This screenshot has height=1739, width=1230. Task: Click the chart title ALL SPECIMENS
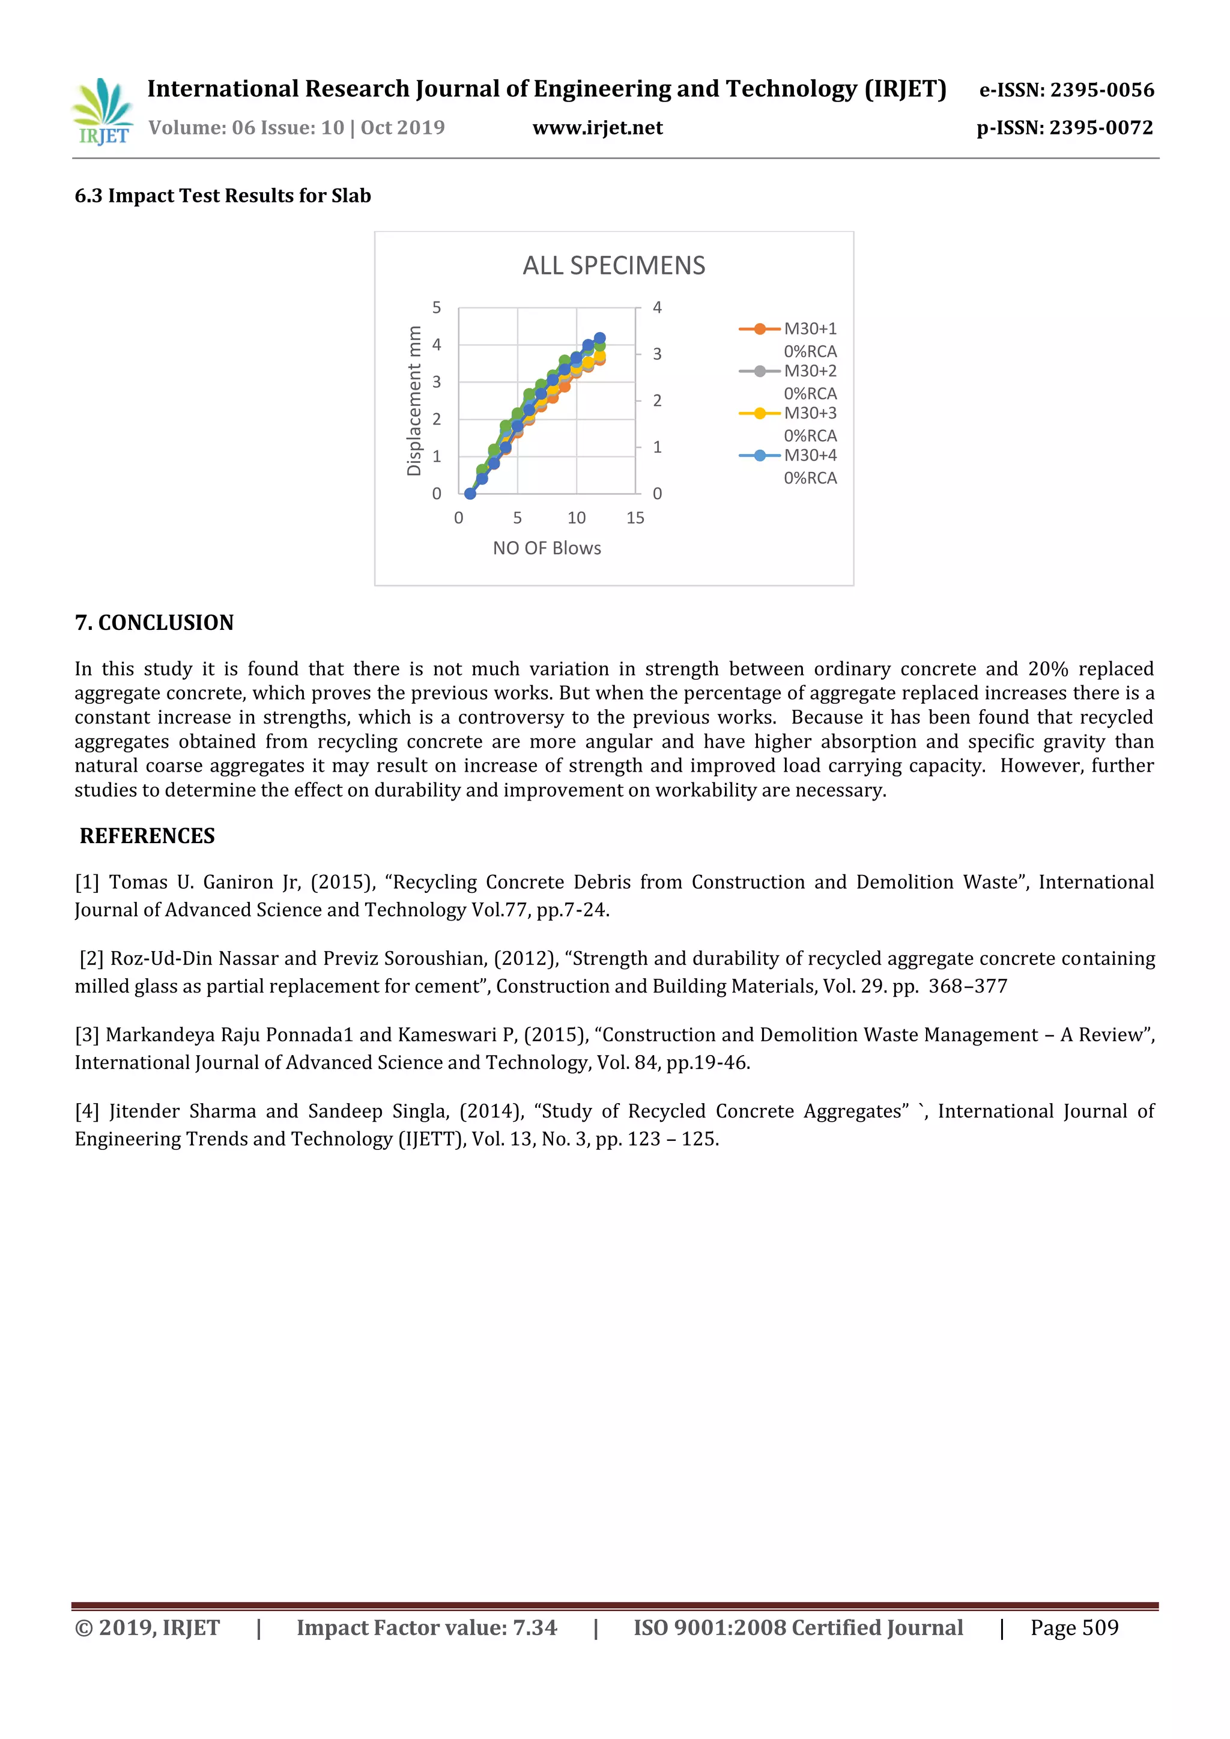[x=613, y=266]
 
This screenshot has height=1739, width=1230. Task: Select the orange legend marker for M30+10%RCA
[x=759, y=328]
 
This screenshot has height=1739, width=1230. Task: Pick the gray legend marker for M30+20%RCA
[x=759, y=371]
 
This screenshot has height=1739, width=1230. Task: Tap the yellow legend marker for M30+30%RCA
[x=759, y=414]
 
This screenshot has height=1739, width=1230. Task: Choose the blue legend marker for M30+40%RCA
[x=759, y=456]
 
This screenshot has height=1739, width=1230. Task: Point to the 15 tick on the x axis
[x=635, y=518]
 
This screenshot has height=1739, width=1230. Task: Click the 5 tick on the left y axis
[x=436, y=307]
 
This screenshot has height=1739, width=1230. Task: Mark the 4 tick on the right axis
[x=656, y=307]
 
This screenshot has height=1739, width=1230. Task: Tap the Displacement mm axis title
[x=414, y=401]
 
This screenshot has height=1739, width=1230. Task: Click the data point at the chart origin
[x=470, y=493]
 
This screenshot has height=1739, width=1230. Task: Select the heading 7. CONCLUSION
[x=154, y=623]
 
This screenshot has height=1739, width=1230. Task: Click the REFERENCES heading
[x=148, y=836]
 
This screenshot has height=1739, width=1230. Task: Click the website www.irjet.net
[x=597, y=128]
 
